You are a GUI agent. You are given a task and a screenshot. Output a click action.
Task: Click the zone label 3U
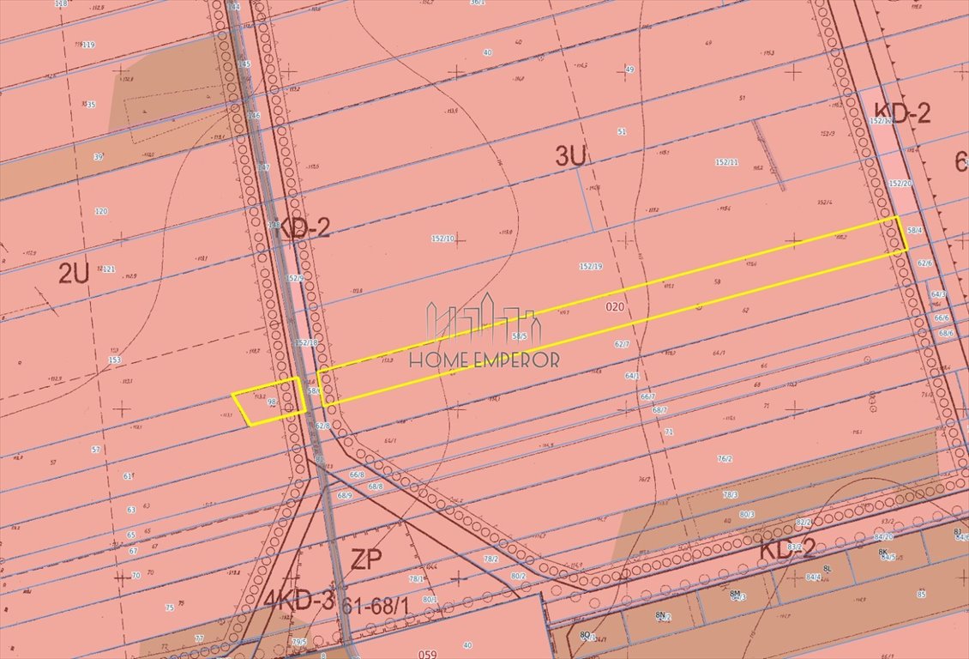tap(571, 156)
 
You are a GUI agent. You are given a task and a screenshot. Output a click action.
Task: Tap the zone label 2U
tap(74, 273)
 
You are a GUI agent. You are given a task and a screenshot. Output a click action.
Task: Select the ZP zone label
tap(366, 559)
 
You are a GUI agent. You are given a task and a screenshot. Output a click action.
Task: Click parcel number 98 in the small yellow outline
tap(272, 402)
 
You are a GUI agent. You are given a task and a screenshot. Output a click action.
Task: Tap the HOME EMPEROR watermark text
tap(484, 359)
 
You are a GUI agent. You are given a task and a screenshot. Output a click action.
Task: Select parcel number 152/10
tap(443, 239)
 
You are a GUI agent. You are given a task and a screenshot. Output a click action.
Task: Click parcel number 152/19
tap(591, 266)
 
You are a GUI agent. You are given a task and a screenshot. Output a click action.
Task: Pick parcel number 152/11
tap(726, 162)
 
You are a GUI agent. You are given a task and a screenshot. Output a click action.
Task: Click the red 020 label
tap(613, 306)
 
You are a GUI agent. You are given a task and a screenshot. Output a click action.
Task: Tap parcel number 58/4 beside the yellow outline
tap(915, 230)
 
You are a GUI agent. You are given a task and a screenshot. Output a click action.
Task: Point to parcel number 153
tap(114, 360)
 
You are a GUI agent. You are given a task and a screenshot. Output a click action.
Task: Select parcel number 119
tap(87, 45)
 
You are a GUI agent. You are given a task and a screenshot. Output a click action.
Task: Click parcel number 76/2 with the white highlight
tap(725, 459)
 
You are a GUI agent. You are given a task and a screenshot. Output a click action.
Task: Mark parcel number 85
tap(921, 594)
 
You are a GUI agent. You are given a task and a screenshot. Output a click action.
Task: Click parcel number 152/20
tap(900, 184)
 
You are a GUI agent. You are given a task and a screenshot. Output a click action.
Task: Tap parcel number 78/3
tap(730, 495)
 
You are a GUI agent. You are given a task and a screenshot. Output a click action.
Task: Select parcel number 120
tap(101, 211)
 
